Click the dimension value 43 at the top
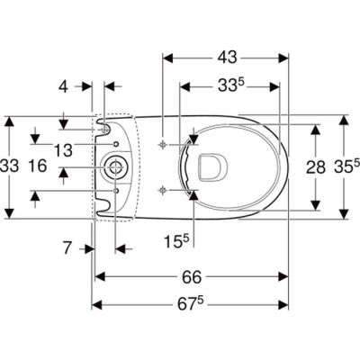pyautogui.click(x=226, y=57)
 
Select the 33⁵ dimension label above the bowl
pyautogui.click(x=229, y=87)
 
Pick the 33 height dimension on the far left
pyautogui.click(x=10, y=167)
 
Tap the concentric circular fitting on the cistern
pyautogui.click(x=115, y=166)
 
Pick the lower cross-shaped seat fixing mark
pyautogui.click(x=162, y=189)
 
